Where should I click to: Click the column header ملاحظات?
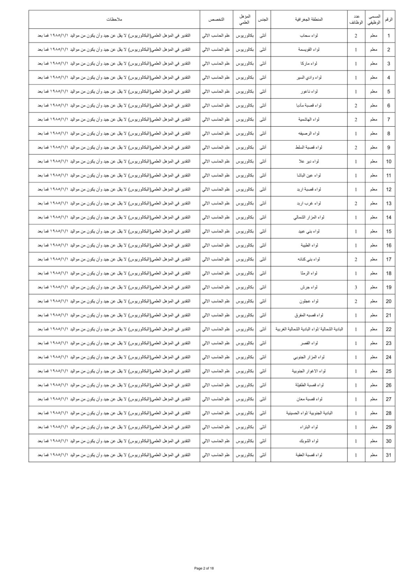tap(114, 20)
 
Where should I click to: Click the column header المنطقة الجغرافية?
tap(309, 20)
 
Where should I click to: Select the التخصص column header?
tap(216, 20)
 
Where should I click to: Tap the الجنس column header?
tap(263, 20)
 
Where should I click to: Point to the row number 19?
tap(388, 287)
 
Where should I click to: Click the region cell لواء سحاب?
tap(309, 36)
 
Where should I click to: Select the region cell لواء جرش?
tap(309, 287)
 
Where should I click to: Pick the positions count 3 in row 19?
tap(356, 287)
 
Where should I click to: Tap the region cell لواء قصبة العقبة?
tap(309, 455)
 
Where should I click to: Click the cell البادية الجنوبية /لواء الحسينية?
tap(309, 413)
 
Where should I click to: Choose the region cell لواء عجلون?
tap(309, 301)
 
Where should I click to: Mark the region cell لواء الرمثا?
tap(309, 273)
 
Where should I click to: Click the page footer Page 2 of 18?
tap(204, 568)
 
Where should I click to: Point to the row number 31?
tap(388, 455)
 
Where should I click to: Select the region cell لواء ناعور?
tap(309, 91)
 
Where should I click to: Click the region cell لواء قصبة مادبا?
tap(309, 105)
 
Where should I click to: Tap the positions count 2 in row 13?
tap(356, 203)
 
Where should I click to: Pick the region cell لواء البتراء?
tap(309, 427)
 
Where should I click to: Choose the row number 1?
tap(388, 36)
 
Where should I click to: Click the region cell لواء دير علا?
tap(309, 161)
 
